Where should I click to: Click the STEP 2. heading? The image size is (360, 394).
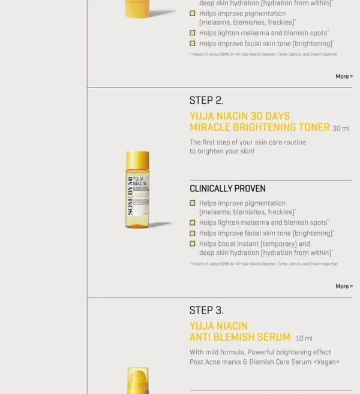206,100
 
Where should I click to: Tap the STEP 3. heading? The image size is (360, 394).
206,310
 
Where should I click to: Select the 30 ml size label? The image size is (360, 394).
341,128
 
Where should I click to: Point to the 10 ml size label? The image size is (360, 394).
304,338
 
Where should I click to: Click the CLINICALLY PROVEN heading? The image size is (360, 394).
227,188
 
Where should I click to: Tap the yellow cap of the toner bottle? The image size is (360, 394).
137,160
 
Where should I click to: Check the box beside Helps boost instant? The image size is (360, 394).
193,243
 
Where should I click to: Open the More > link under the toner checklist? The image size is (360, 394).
344,286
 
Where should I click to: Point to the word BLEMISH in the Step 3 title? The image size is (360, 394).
232,337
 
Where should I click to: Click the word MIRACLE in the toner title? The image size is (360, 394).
211,127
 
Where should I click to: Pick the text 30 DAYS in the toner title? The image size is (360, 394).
270,116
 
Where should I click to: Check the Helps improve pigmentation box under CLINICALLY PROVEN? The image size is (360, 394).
193,203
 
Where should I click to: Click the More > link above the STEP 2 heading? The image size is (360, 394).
344,76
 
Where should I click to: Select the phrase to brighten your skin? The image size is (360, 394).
222,151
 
